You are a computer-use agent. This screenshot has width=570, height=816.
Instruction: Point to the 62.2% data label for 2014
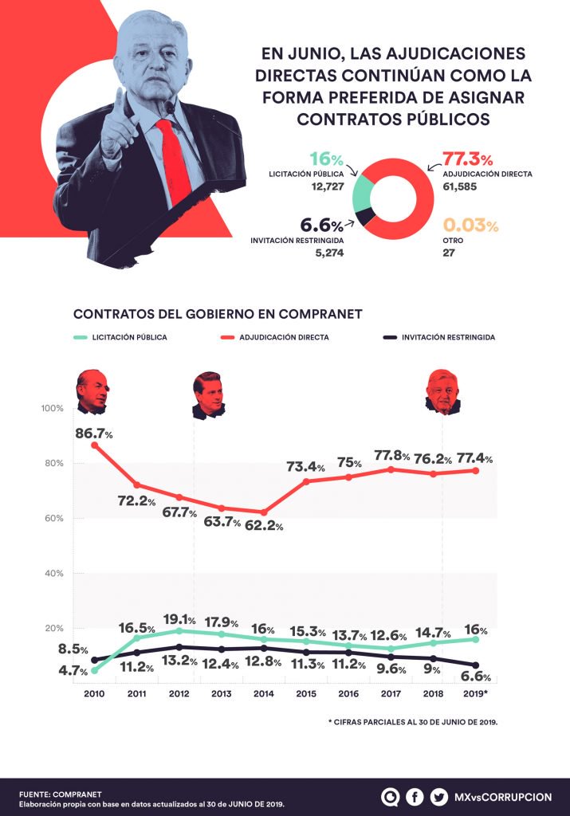(x=261, y=527)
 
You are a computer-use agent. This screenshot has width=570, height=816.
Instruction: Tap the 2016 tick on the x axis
(x=349, y=693)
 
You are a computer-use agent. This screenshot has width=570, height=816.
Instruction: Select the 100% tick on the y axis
(x=53, y=408)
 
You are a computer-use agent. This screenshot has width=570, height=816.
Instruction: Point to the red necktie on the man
(x=175, y=159)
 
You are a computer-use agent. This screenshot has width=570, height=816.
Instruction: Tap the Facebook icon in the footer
(x=415, y=796)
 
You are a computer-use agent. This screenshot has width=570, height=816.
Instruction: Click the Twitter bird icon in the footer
(x=438, y=796)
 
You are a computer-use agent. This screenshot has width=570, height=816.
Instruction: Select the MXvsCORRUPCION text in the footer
(x=502, y=796)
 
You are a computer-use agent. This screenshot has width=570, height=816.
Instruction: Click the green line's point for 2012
(x=179, y=630)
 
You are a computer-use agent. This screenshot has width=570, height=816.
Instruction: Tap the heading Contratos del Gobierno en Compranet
(x=218, y=314)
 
